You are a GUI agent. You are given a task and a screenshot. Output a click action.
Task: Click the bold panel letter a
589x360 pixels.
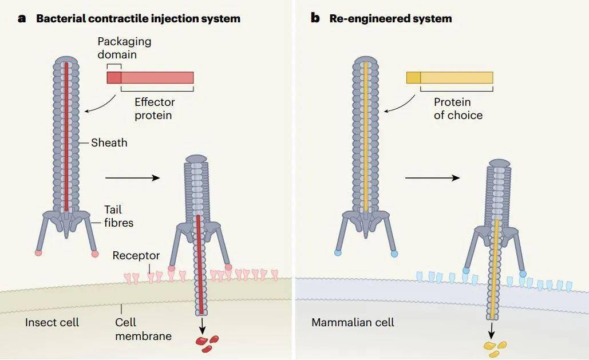coord(22,18)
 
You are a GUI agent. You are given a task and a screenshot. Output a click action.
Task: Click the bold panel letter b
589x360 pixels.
coord(315,18)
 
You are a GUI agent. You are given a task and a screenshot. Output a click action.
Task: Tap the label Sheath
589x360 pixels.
coord(109,143)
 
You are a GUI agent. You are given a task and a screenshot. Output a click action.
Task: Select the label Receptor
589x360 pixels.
coord(136,255)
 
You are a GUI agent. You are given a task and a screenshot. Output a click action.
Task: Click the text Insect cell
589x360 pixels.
coord(52,322)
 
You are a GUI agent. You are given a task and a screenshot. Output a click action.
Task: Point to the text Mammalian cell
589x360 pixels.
coord(353,322)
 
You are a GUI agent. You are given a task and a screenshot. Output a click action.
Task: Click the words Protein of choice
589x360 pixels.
coord(458,109)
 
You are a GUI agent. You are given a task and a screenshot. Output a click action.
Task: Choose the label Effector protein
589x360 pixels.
coord(155,109)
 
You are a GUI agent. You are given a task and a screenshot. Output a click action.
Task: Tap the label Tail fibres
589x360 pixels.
coord(118,216)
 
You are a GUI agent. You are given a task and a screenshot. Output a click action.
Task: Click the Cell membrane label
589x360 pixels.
coord(143,329)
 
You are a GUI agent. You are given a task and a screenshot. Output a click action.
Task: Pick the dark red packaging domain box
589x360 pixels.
coord(114,78)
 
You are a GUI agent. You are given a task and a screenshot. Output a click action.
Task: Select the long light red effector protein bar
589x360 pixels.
coord(157,78)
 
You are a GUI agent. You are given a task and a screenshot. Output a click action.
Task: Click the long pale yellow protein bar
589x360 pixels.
coord(457,78)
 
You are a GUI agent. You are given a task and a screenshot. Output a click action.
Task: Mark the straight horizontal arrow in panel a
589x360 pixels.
coord(133,178)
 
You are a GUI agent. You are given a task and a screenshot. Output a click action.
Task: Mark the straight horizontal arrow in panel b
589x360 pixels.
coord(432,178)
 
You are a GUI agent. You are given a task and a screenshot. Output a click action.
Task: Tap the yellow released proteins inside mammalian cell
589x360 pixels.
coord(495,349)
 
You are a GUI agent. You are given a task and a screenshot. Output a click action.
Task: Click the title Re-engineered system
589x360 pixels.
coord(390,18)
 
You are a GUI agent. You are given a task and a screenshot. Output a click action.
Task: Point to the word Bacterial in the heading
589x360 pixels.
coord(60,18)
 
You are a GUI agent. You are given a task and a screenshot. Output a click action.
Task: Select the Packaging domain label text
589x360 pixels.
coord(124,48)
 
